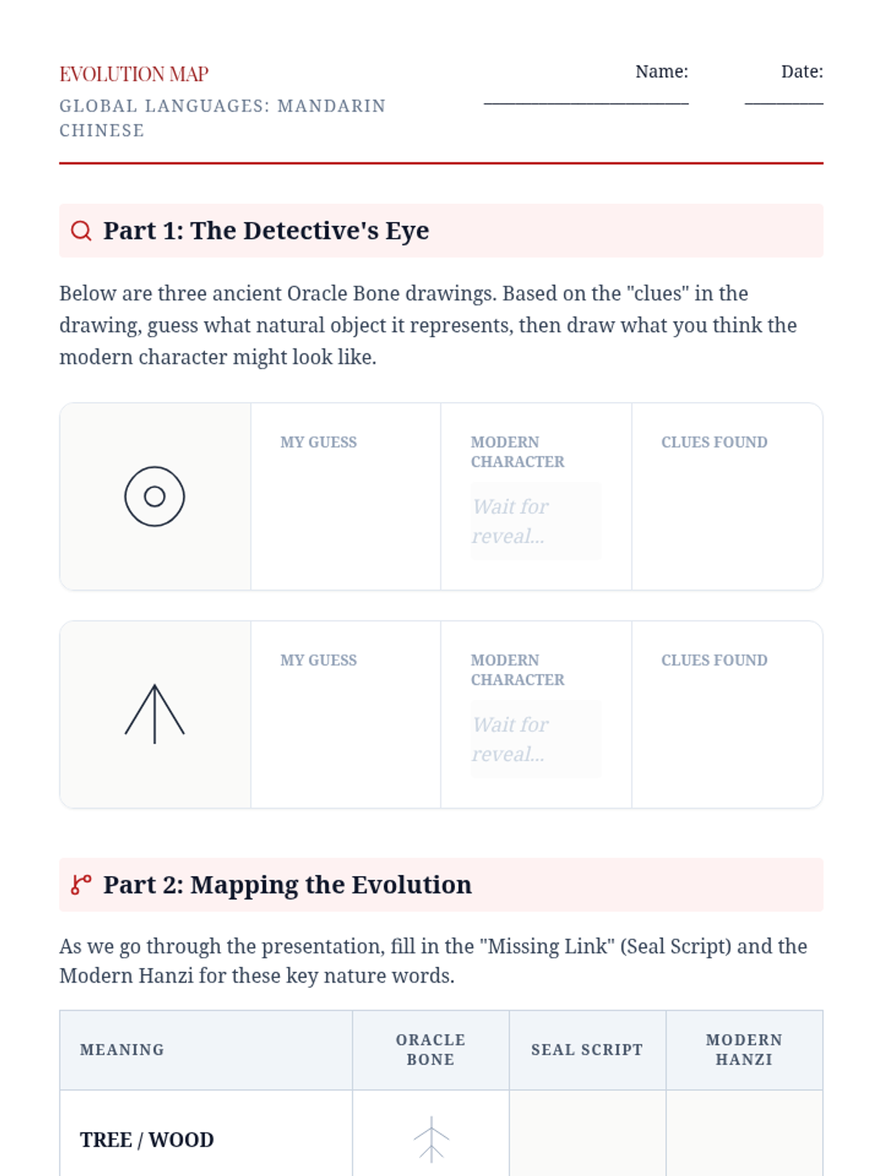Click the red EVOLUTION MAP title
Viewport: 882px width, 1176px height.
[134, 74]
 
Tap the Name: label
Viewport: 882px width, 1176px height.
[661, 71]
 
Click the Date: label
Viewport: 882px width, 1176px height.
[802, 71]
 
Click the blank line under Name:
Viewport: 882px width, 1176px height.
[586, 104]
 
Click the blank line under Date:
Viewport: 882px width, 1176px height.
[784, 104]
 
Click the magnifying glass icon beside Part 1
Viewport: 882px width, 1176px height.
[81, 231]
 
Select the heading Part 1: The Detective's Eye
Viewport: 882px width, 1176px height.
[266, 230]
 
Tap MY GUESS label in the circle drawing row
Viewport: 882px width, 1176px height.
[319, 442]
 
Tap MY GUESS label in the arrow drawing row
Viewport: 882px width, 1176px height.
[319, 660]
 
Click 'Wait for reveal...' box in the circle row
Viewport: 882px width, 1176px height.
[536, 521]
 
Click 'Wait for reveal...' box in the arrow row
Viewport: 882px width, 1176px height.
[536, 739]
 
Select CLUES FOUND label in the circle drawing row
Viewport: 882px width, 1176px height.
[714, 442]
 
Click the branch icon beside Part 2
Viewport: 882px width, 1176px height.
[81, 884]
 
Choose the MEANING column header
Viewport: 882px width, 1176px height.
[122, 1050]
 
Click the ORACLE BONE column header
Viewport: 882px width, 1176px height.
[431, 1050]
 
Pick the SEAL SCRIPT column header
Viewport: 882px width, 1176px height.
[587, 1050]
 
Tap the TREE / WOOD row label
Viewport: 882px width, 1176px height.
[147, 1139]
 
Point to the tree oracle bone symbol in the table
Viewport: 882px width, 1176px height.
[431, 1139]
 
